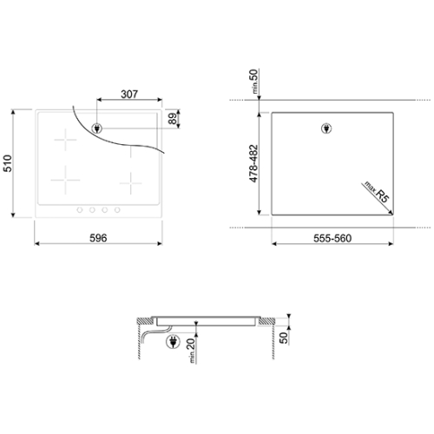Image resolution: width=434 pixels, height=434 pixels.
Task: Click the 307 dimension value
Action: tap(129, 94)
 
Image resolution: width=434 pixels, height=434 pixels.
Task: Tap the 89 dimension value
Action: tap(173, 119)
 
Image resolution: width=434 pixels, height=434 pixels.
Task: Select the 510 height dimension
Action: tap(8, 163)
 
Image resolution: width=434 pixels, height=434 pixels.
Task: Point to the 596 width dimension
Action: tap(98, 238)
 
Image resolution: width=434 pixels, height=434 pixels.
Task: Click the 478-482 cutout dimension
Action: tap(253, 163)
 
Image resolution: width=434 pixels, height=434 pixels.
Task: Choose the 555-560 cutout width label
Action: tap(332, 238)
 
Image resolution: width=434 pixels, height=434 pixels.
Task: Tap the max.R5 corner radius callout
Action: tap(377, 192)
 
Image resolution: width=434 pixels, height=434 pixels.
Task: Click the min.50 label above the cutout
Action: tap(253, 82)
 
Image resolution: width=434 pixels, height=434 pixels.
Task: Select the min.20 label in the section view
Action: tap(191, 351)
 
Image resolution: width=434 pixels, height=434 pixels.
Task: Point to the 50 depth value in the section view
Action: tap(284, 338)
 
